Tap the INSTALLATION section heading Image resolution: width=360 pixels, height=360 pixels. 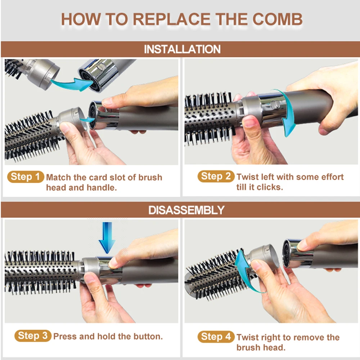(x=182, y=49)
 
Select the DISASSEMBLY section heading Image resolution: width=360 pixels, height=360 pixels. (x=186, y=210)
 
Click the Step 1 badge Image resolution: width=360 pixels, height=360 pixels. (x=26, y=177)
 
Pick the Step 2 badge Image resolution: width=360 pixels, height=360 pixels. (x=216, y=176)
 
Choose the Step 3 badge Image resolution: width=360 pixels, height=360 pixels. (x=33, y=336)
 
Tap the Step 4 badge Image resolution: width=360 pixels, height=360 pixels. (x=216, y=337)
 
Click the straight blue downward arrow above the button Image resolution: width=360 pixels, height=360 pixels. (x=107, y=238)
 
